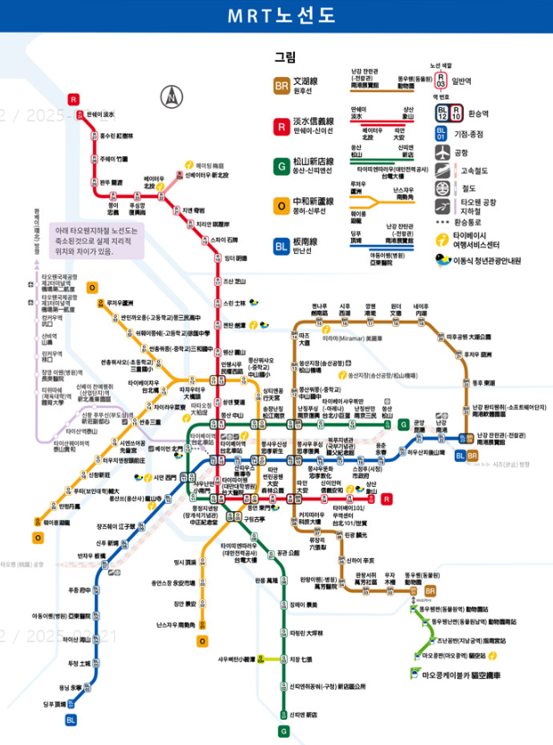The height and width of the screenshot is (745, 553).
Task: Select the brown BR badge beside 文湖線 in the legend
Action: [x=281, y=86]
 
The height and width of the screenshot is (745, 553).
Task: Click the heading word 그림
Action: [x=284, y=57]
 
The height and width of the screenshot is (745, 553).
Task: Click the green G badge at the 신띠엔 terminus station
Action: [x=283, y=732]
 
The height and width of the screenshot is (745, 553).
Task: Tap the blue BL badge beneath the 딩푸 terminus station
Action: [x=71, y=720]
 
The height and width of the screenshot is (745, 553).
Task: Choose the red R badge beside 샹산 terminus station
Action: [x=387, y=499]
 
